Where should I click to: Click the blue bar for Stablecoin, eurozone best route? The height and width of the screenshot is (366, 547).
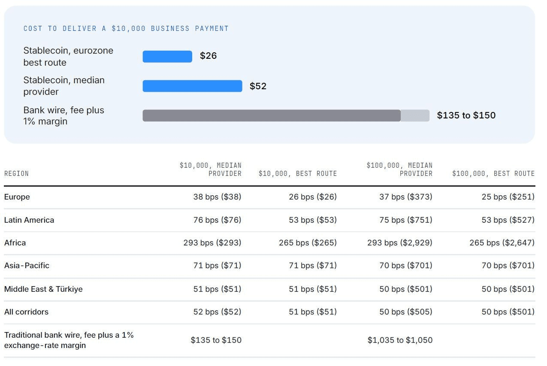click(x=167, y=56)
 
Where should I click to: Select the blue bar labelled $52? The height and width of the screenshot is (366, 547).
click(x=193, y=86)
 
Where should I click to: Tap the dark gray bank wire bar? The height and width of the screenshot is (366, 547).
click(x=272, y=115)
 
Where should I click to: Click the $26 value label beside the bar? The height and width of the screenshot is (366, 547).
click(x=209, y=56)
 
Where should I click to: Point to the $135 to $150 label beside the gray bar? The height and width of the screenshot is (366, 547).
click(x=466, y=115)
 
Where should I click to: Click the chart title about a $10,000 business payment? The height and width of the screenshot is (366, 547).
click(x=126, y=29)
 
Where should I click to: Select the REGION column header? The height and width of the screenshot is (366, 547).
click(x=16, y=174)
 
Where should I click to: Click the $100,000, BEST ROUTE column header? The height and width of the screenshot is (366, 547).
click(x=493, y=174)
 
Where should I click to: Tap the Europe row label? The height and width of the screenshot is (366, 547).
click(x=17, y=197)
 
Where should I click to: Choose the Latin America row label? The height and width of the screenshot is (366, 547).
click(x=29, y=220)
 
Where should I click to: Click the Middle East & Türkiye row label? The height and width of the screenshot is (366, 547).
click(x=43, y=289)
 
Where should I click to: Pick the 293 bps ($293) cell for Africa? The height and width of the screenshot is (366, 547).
click(x=212, y=243)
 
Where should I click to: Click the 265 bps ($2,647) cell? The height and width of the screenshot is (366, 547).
click(x=502, y=243)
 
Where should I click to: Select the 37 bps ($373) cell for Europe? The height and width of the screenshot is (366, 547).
click(x=405, y=197)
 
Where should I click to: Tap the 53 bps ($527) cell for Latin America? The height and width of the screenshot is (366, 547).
click(x=508, y=220)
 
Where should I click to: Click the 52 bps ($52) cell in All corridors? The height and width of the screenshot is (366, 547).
click(x=217, y=312)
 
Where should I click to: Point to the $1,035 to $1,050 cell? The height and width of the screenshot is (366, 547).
click(x=400, y=340)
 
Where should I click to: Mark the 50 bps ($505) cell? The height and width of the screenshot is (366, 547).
click(x=405, y=312)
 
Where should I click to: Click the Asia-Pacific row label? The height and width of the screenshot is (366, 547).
click(x=27, y=266)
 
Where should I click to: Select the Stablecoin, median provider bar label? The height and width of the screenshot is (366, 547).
click(x=64, y=86)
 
